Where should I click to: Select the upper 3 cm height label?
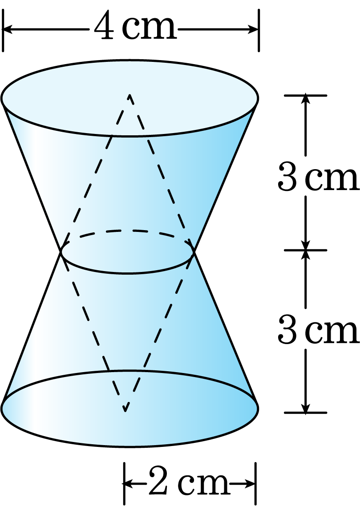(x=318, y=177)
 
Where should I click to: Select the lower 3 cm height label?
(x=318, y=330)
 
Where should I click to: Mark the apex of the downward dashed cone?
(x=125, y=411)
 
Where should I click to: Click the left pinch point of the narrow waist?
(x=61, y=251)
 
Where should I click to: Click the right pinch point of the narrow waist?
(x=194, y=251)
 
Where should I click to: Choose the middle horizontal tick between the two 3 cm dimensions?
(x=306, y=250)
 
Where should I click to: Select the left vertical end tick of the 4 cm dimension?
(x=3, y=30)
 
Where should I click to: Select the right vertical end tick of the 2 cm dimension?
(x=255, y=484)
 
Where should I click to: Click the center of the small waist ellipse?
(x=127, y=252)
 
